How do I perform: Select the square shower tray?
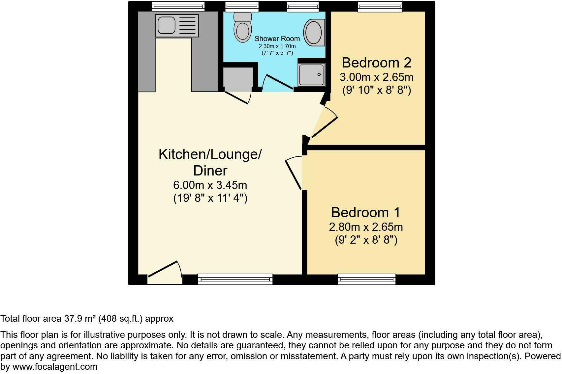[311, 74]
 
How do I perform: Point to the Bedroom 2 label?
[376, 63]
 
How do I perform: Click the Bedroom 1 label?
[365, 212]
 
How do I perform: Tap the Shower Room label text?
[277, 39]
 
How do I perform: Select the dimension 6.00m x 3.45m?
[210, 185]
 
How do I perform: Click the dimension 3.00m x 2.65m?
[376, 77]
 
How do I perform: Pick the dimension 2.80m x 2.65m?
[366, 227]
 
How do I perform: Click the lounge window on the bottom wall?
[235, 279]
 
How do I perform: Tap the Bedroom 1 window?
[366, 279]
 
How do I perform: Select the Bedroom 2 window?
[380, 6]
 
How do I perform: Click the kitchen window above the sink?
[178, 6]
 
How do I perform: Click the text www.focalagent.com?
[55, 367]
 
